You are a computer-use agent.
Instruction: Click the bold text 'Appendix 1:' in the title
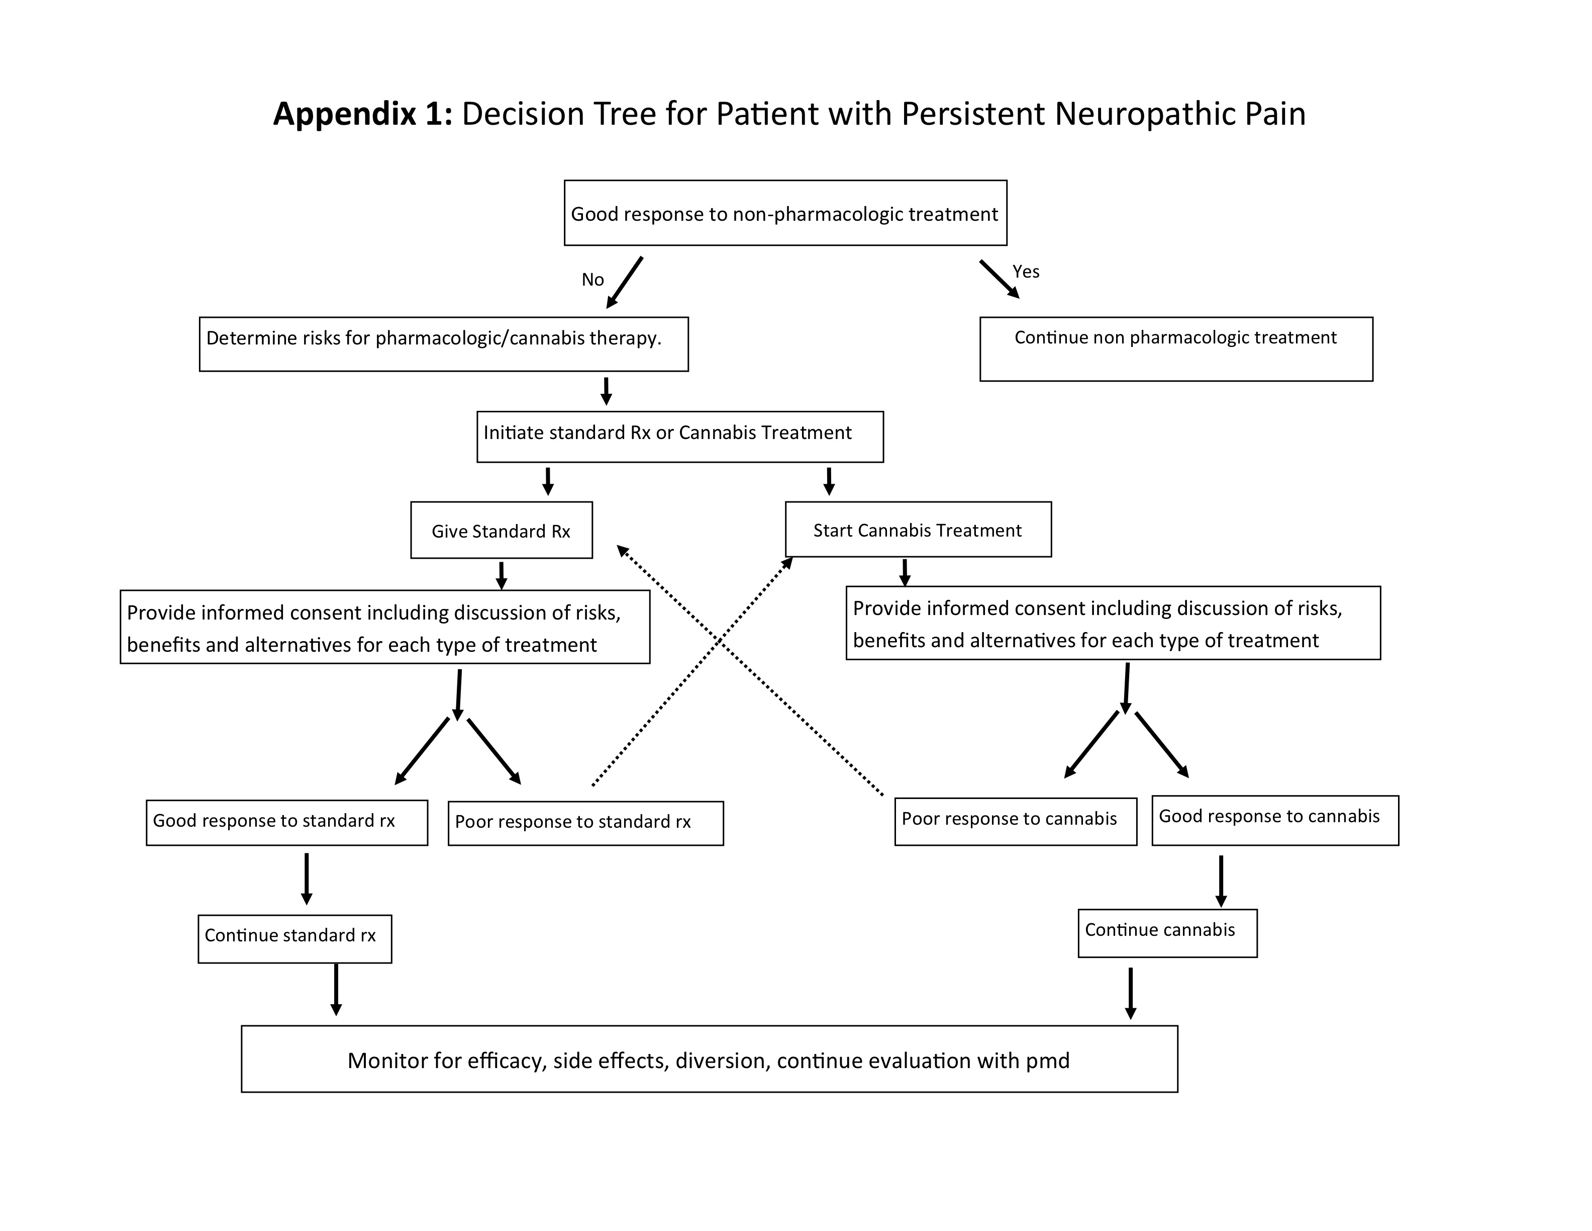coord(362,115)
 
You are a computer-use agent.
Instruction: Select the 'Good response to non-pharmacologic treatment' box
coord(785,213)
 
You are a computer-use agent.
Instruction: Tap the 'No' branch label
coord(592,280)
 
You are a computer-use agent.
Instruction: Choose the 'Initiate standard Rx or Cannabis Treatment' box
coord(679,436)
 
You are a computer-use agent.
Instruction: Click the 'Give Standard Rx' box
coord(501,530)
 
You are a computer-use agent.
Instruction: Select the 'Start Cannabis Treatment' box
coord(918,530)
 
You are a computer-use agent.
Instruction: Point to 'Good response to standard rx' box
coord(286,823)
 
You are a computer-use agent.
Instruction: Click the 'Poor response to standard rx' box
coord(585,823)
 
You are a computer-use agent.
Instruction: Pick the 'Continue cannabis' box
coord(1167,933)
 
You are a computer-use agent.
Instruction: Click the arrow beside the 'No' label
coord(625,282)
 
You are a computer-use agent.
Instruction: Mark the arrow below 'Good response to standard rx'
coord(307,879)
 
